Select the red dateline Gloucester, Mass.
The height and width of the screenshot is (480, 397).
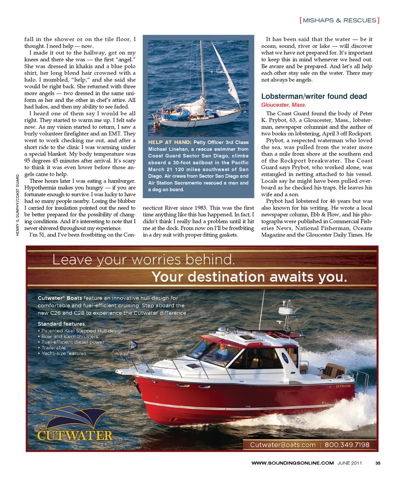(x=283, y=105)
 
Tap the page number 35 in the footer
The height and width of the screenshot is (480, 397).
(x=378, y=463)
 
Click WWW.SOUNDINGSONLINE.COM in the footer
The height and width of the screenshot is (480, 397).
(x=292, y=463)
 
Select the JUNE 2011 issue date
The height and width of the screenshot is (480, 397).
(x=349, y=463)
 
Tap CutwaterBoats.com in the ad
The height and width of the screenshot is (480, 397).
(x=282, y=445)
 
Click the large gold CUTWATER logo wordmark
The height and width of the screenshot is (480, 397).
(x=75, y=436)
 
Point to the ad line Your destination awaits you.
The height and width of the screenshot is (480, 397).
(x=249, y=277)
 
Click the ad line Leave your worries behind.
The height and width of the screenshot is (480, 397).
(x=143, y=260)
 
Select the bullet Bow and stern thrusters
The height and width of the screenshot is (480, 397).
(x=68, y=336)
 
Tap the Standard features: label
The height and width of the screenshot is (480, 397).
(x=62, y=324)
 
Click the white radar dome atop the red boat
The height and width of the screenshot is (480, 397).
(x=285, y=311)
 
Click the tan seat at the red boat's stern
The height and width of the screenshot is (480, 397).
(x=333, y=370)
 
